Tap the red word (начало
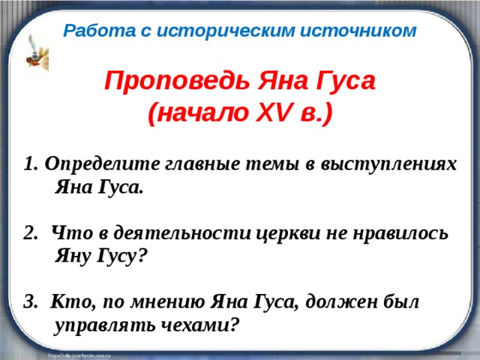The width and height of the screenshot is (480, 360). tap(188, 114)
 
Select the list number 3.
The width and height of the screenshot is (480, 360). tap(30, 301)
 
